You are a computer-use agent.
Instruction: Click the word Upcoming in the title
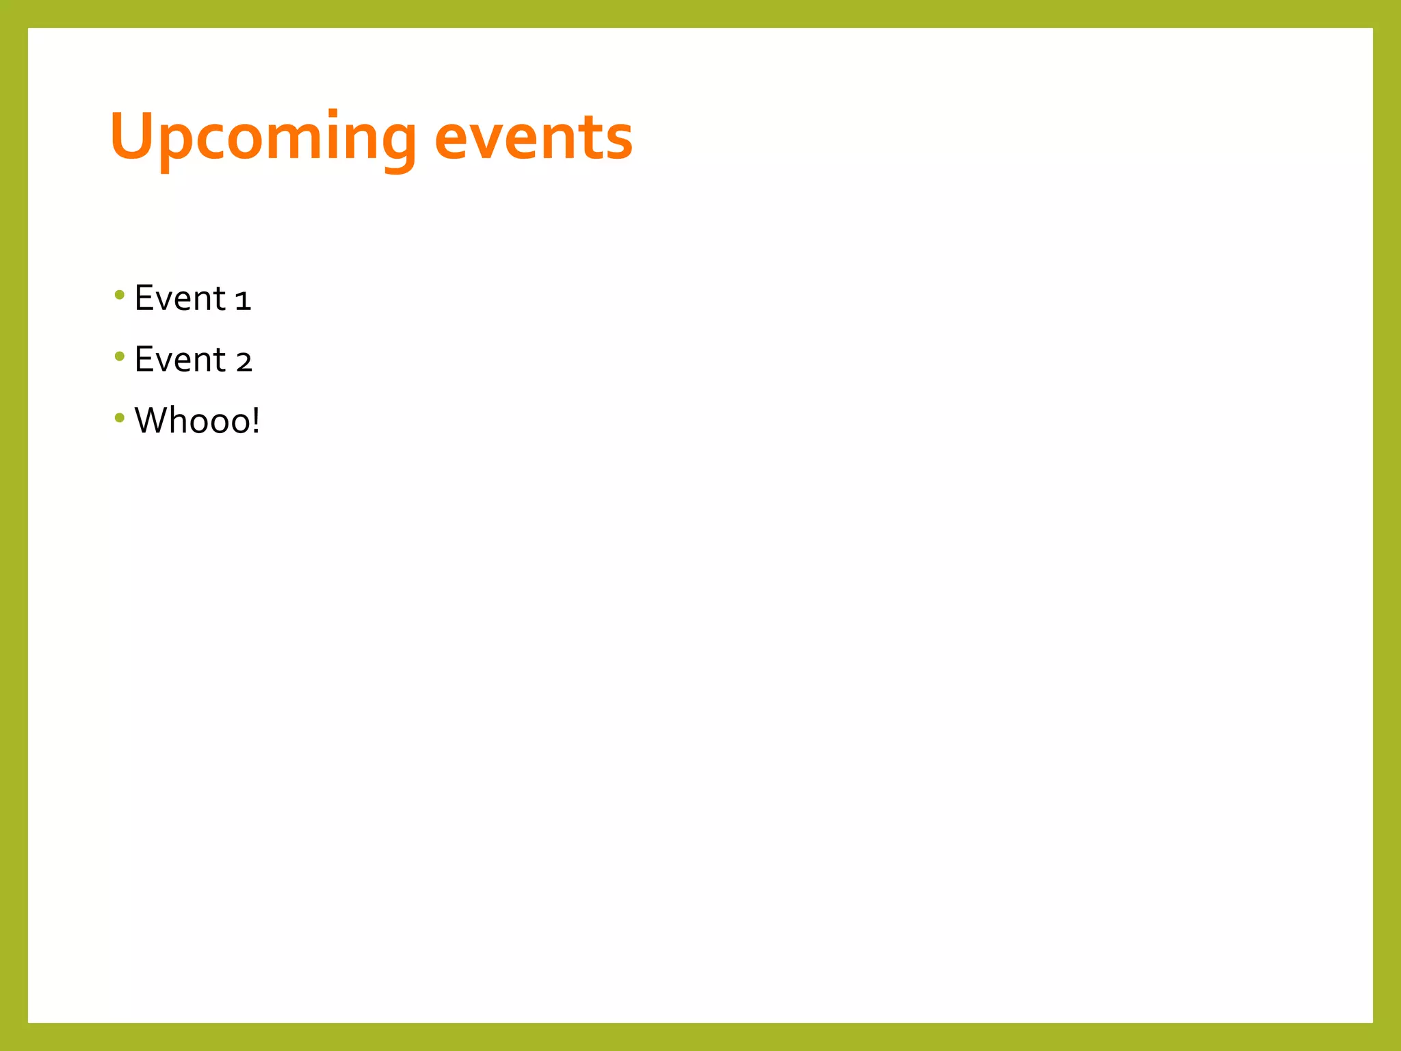263,139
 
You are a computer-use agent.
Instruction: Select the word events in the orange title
534,139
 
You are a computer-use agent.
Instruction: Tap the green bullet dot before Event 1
120,296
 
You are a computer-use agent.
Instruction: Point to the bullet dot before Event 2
120,356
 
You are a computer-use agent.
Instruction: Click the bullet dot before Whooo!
120,417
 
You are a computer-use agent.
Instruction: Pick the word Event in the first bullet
180,298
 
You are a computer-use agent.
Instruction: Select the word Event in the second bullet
180,360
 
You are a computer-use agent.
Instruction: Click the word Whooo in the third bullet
192,421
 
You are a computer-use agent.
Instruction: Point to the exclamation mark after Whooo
256,421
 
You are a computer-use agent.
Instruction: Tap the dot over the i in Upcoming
333,114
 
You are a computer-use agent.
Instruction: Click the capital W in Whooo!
151,421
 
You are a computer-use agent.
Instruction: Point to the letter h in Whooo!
179,421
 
